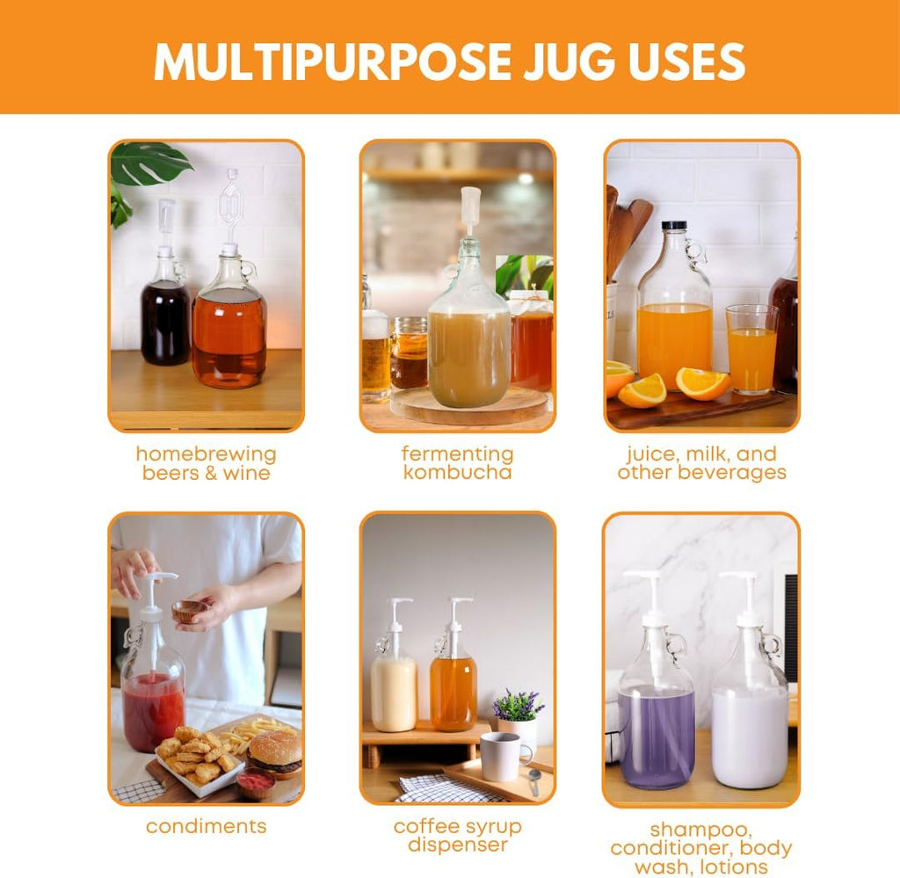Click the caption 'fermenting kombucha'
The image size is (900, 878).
click(x=457, y=463)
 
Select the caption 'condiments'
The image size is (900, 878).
click(x=206, y=826)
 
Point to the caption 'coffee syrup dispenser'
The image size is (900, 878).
click(x=457, y=836)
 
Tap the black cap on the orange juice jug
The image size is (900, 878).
click(x=674, y=227)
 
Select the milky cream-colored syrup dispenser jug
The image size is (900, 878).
click(x=393, y=686)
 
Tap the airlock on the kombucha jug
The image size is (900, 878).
click(x=471, y=211)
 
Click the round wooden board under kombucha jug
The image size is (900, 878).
click(x=469, y=407)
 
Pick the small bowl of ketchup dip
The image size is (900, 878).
click(x=256, y=782)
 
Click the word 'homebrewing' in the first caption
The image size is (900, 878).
click(x=206, y=454)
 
